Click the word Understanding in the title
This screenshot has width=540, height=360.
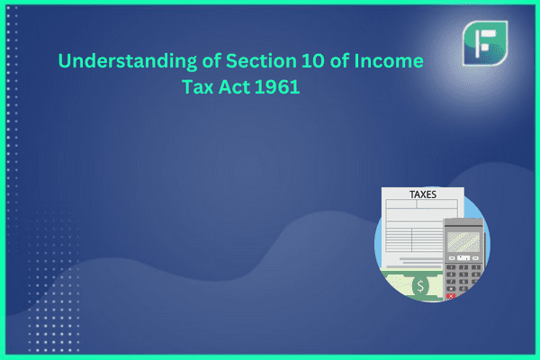(x=128, y=62)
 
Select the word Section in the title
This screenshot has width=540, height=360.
(x=261, y=61)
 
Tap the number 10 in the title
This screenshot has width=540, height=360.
(x=313, y=61)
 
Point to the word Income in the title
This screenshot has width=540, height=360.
(x=389, y=61)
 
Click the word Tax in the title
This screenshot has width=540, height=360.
(x=198, y=86)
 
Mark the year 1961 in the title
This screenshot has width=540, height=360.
(x=277, y=86)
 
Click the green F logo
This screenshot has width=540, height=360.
(x=485, y=43)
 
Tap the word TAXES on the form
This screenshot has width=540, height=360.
(x=423, y=194)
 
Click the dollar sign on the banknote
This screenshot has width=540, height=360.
(x=420, y=286)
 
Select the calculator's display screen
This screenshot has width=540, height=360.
(x=463, y=241)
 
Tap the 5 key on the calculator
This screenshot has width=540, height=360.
(x=463, y=274)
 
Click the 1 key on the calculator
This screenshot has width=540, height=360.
(x=451, y=267)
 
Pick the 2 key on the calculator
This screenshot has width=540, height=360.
(x=463, y=267)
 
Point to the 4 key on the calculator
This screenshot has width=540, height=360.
(x=451, y=274)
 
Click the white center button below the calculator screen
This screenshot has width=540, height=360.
(x=463, y=257)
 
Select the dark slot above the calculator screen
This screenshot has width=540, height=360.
(x=463, y=225)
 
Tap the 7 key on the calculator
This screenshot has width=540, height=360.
(x=451, y=282)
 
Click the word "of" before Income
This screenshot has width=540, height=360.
(x=339, y=61)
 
